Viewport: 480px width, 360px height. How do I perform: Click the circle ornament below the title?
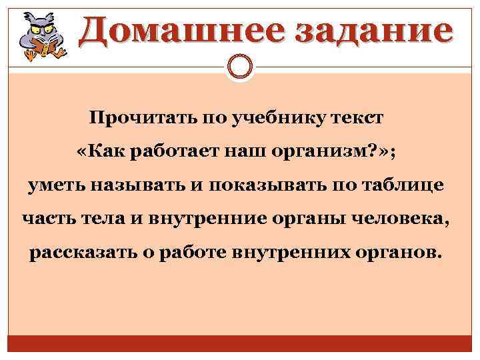point(240,67)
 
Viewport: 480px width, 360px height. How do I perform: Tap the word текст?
point(361,119)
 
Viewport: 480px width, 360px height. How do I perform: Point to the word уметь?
point(53,185)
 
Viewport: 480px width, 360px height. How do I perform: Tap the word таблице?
point(406,185)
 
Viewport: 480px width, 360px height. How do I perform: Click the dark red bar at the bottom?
point(240,346)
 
